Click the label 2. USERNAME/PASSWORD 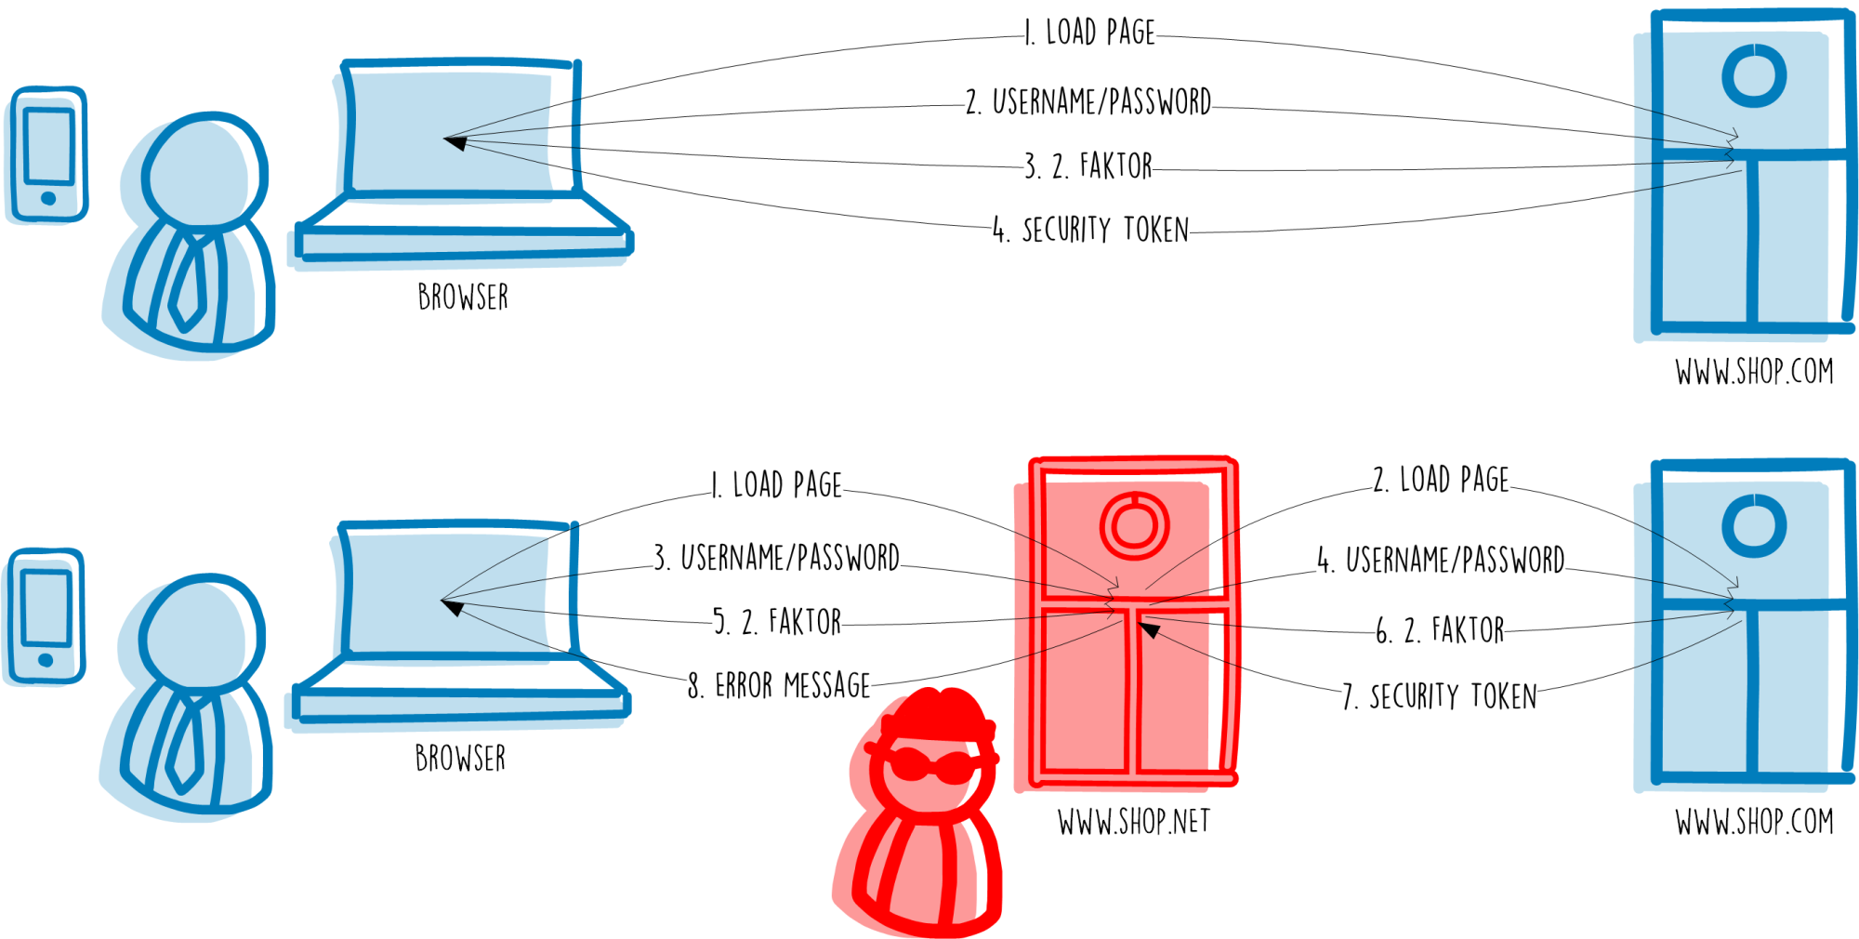1088,102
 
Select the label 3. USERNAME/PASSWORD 777,558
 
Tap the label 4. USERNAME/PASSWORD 1441,561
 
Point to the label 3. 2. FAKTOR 1088,167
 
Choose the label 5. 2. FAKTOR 777,622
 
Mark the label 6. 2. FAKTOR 1440,631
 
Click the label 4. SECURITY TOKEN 1090,231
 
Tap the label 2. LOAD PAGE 1442,481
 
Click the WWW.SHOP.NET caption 1134,823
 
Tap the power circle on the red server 1134,525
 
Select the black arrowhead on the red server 1151,630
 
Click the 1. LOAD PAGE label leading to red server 777,485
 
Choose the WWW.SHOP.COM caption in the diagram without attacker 1754,373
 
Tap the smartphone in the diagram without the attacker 48,155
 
